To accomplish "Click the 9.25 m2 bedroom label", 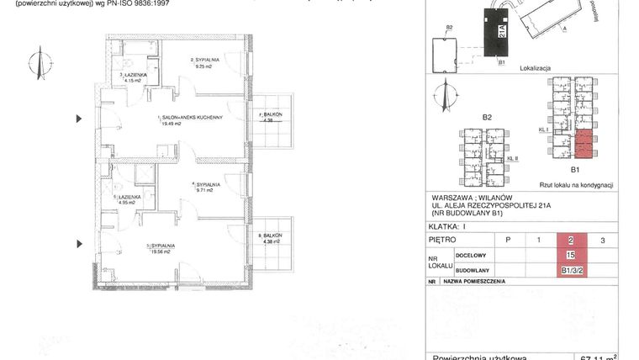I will coord(207,63).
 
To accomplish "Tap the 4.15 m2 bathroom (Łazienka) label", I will coord(135,77).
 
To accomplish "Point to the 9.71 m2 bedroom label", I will coord(206,187).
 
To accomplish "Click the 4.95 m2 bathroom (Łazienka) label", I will coord(127,199).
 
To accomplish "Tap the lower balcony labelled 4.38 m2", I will coord(270,238).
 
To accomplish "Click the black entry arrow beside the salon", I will coord(81,119).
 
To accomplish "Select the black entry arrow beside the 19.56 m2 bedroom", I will coord(81,243).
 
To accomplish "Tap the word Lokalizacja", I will coord(535,66).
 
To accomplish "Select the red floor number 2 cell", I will coord(571,240).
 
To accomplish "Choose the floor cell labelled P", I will coord(507,240).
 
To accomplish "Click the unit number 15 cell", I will coord(571,255).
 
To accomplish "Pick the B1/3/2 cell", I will coord(571,270).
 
